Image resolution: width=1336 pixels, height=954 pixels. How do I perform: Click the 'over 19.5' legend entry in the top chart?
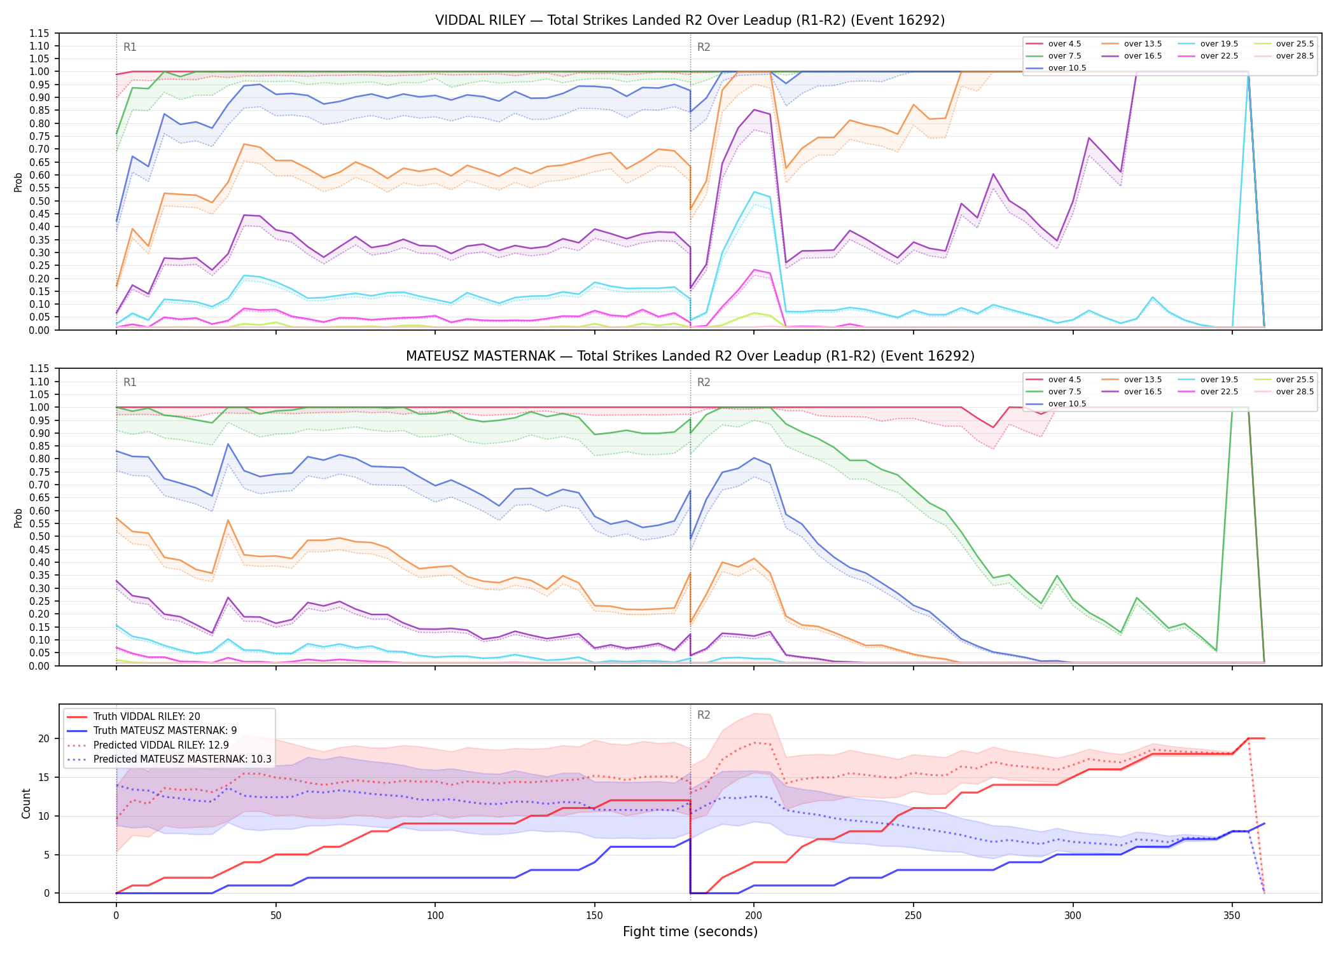pyautogui.click(x=1208, y=44)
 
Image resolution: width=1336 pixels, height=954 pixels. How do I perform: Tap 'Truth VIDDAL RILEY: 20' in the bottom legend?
pyautogui.click(x=134, y=716)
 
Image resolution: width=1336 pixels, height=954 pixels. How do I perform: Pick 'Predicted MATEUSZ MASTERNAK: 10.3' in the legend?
pyautogui.click(x=169, y=759)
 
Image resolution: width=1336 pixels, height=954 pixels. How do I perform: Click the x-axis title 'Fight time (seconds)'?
pyautogui.click(x=690, y=932)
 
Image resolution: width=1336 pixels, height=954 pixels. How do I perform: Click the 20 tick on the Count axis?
pyautogui.click(x=44, y=738)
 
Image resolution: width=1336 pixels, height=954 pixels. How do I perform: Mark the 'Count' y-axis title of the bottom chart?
pyautogui.click(x=26, y=803)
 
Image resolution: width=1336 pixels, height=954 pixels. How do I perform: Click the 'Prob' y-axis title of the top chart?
pyautogui.click(x=18, y=182)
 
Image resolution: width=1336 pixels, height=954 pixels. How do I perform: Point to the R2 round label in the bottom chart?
pyautogui.click(x=704, y=715)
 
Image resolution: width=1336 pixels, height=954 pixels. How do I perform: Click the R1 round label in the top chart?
pyautogui.click(x=130, y=47)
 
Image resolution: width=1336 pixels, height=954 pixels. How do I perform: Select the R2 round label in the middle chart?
pyautogui.click(x=704, y=382)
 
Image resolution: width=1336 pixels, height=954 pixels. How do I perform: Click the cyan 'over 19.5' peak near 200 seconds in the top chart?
pyautogui.click(x=754, y=192)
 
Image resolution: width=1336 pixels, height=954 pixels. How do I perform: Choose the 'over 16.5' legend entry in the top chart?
pyautogui.click(x=1132, y=56)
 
